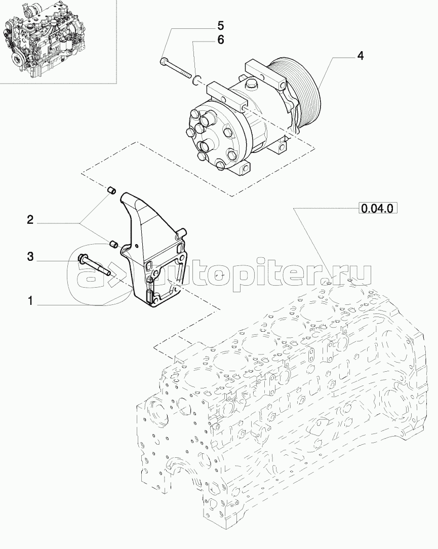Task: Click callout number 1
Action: pyautogui.click(x=30, y=301)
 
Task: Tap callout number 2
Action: pyautogui.click(x=30, y=220)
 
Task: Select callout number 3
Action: pyautogui.click(x=30, y=257)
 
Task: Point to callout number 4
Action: pyautogui.click(x=360, y=55)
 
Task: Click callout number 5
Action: pyautogui.click(x=220, y=25)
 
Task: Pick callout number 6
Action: pyautogui.click(x=220, y=40)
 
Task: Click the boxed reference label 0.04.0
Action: pyautogui.click(x=377, y=209)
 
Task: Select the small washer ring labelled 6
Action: pyautogui.click(x=197, y=80)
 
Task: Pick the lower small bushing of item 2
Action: pyautogui.click(x=113, y=245)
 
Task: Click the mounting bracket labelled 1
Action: pyautogui.click(x=154, y=249)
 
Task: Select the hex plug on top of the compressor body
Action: pyautogui.click(x=251, y=84)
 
